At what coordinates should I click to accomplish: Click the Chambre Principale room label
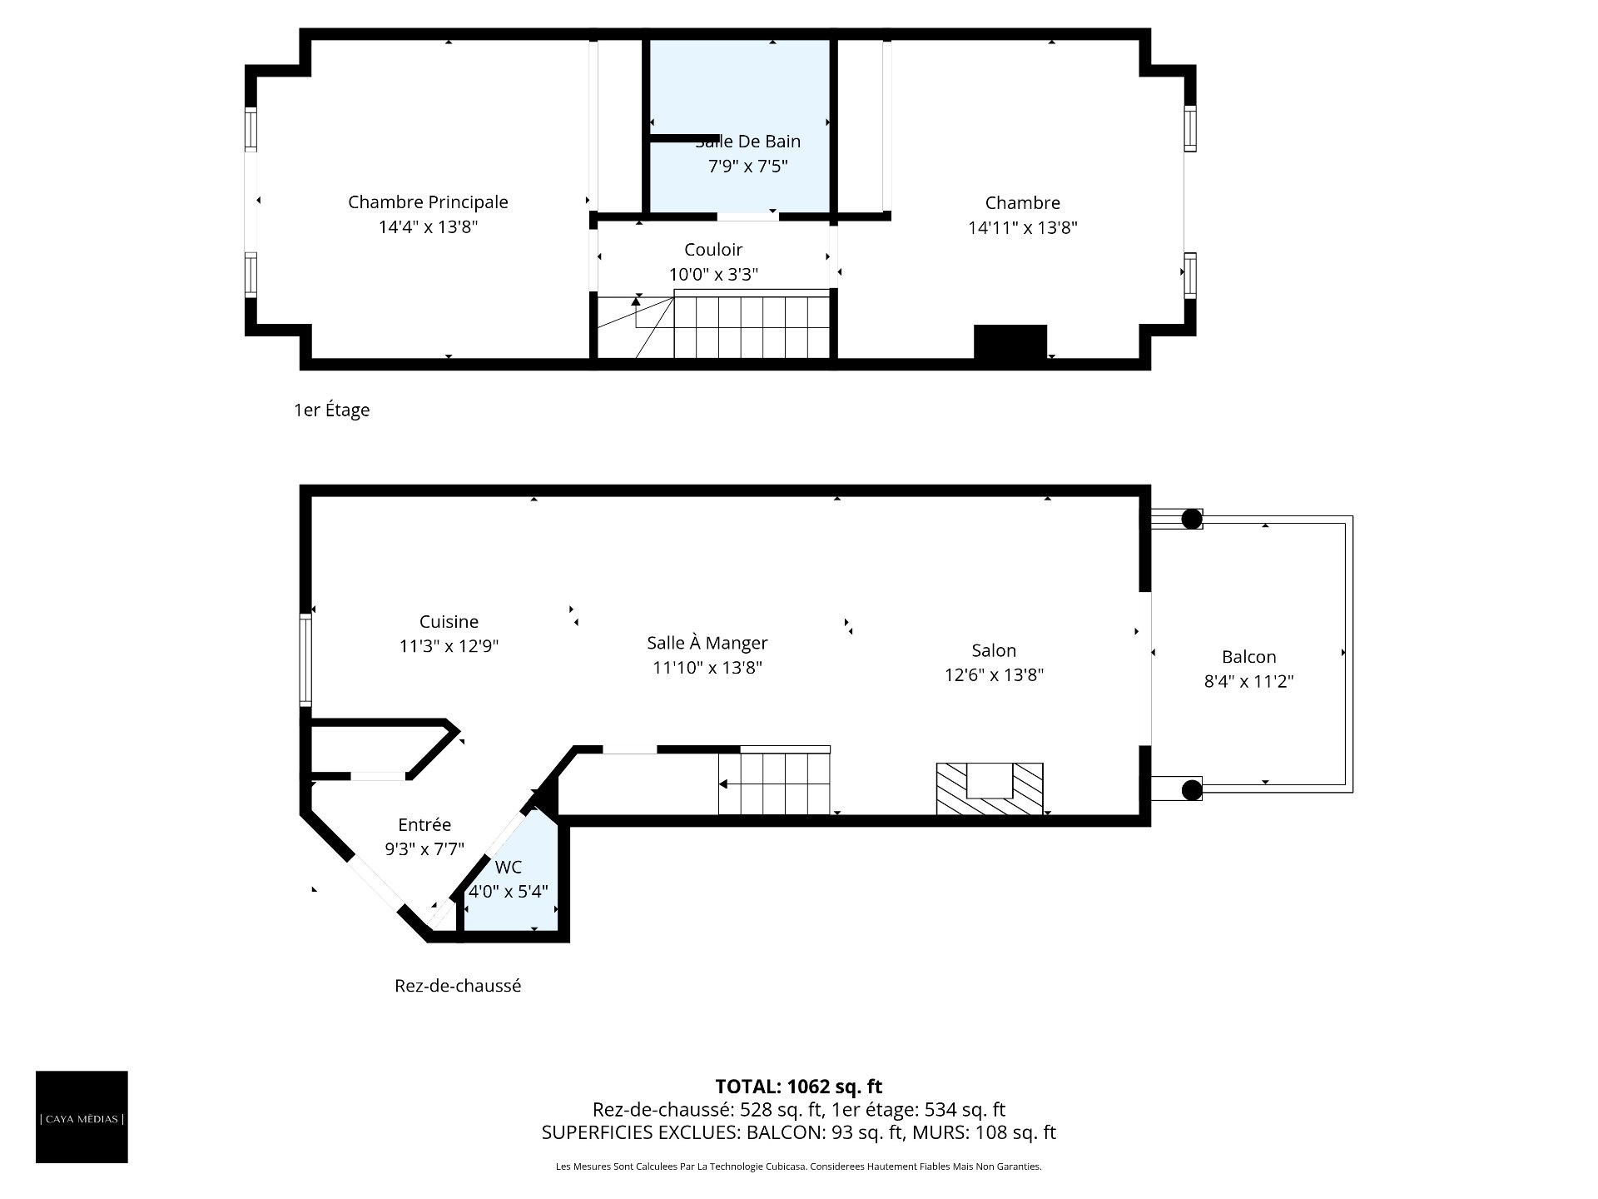coord(428,202)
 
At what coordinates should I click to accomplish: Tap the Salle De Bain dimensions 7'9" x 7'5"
coord(747,167)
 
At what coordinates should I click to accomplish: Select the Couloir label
coord(713,250)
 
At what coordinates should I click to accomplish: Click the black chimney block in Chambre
coord(1010,342)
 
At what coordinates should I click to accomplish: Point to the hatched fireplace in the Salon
coord(990,789)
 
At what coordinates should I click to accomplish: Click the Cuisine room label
coord(449,622)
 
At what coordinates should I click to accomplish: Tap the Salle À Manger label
coord(707,643)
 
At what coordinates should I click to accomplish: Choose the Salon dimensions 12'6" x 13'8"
coord(994,675)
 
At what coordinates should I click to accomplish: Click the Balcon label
coord(1248,657)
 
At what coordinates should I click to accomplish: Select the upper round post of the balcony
coord(1192,519)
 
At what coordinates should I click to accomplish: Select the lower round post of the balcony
coord(1192,789)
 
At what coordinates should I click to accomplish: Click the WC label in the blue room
coord(508,868)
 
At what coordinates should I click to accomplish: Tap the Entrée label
coord(424,825)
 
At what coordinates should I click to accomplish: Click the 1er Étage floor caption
coord(331,410)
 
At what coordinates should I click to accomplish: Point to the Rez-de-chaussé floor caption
coord(458,986)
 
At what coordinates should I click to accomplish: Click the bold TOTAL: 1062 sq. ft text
coord(799,1087)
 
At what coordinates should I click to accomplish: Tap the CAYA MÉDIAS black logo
coord(82,1117)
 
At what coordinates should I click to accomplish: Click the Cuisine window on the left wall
coord(306,659)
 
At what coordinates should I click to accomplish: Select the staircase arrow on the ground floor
coord(774,784)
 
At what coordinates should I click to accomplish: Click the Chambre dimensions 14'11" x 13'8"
coord(1023,228)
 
